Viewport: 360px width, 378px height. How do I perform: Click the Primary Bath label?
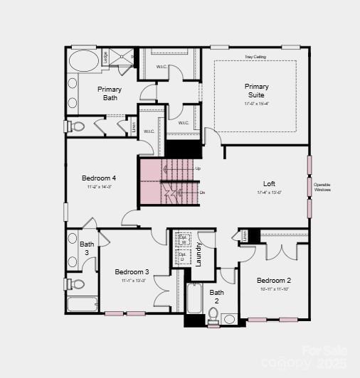110,93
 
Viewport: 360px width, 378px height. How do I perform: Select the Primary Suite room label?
257,91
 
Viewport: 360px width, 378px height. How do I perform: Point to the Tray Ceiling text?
255,57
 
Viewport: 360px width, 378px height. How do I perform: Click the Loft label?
269,184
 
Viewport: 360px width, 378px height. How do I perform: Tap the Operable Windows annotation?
322,187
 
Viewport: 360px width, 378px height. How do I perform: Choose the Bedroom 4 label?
99,178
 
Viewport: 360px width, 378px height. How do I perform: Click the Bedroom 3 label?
132,272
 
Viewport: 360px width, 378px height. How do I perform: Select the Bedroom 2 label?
274,281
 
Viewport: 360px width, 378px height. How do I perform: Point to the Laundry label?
199,254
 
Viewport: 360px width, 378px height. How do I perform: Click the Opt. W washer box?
182,239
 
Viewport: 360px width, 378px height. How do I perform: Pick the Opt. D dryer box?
182,257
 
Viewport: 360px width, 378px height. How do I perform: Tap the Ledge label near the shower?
105,57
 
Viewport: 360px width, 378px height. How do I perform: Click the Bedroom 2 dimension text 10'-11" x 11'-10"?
274,289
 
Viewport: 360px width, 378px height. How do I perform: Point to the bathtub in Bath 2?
194,298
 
